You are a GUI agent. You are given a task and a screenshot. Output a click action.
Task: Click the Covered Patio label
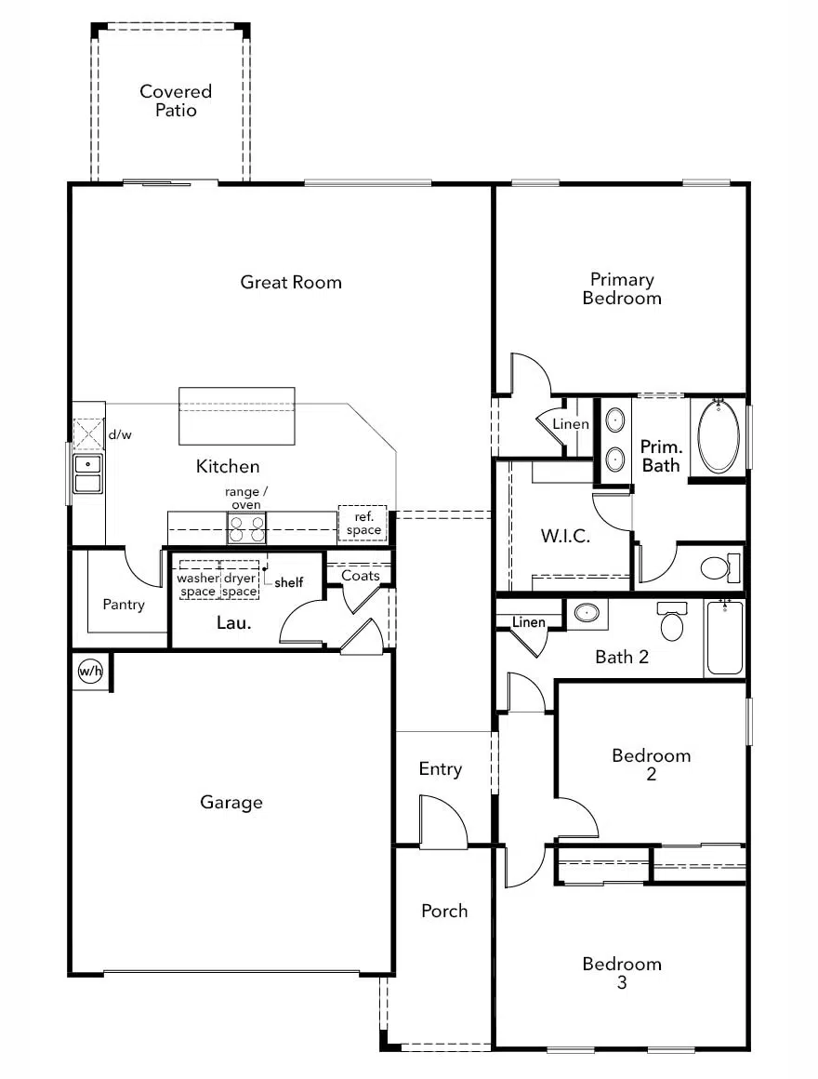[x=176, y=100]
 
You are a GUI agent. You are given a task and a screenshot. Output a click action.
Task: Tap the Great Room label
[x=291, y=282]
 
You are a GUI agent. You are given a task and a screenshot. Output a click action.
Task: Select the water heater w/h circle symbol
[x=90, y=671]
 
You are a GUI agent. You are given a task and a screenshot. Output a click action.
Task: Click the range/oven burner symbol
[x=246, y=528]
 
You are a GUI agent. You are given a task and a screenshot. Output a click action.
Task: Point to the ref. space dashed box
[x=363, y=524]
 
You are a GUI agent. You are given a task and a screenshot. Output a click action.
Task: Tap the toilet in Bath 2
[x=672, y=620]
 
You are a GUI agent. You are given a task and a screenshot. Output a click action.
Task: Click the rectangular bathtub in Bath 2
[x=725, y=638]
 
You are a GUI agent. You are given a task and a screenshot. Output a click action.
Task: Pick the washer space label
[x=198, y=585]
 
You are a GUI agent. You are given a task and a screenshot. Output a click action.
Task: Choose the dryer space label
[x=240, y=585]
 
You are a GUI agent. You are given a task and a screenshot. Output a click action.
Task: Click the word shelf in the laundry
[x=288, y=583]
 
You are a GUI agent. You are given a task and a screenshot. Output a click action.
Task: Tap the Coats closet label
[x=361, y=576]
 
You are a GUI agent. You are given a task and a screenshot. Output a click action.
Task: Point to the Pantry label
[x=124, y=605]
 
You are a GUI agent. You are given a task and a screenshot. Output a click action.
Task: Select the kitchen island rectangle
[x=237, y=416]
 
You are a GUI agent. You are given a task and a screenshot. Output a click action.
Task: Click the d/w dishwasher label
[x=119, y=433]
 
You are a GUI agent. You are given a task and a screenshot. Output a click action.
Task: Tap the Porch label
[x=444, y=911]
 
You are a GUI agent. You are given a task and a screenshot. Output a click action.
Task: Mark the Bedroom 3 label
[x=622, y=973]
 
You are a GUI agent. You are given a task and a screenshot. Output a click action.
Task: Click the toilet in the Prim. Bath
[x=719, y=566]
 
